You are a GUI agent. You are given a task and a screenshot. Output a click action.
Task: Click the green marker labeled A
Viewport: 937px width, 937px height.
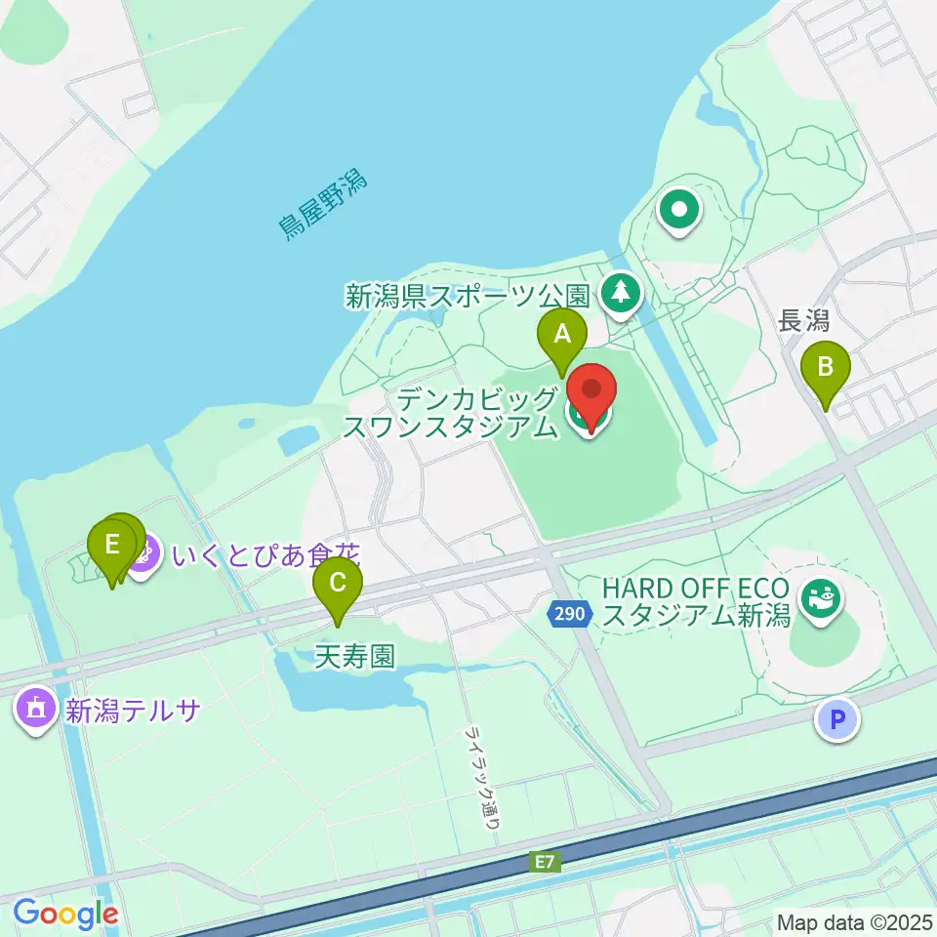tap(562, 337)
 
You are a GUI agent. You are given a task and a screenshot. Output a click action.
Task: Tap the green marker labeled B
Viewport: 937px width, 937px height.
tap(825, 369)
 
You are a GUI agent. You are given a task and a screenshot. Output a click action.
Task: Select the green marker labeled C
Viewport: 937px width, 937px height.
tap(338, 585)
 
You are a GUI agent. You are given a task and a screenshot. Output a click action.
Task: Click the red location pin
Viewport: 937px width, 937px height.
tap(591, 393)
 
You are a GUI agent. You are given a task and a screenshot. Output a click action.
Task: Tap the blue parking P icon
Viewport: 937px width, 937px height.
tap(837, 720)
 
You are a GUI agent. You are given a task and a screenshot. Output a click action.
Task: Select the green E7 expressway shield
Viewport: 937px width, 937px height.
tap(547, 862)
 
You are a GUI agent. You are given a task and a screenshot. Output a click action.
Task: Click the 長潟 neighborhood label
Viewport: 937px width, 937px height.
tap(803, 320)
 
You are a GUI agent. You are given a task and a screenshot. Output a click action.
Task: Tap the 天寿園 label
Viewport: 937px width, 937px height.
tap(355, 656)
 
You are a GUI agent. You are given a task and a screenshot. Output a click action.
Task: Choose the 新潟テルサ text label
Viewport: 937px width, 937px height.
tap(133, 710)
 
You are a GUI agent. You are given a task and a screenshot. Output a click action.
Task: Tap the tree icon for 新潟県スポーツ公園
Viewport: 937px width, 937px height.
tap(618, 292)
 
